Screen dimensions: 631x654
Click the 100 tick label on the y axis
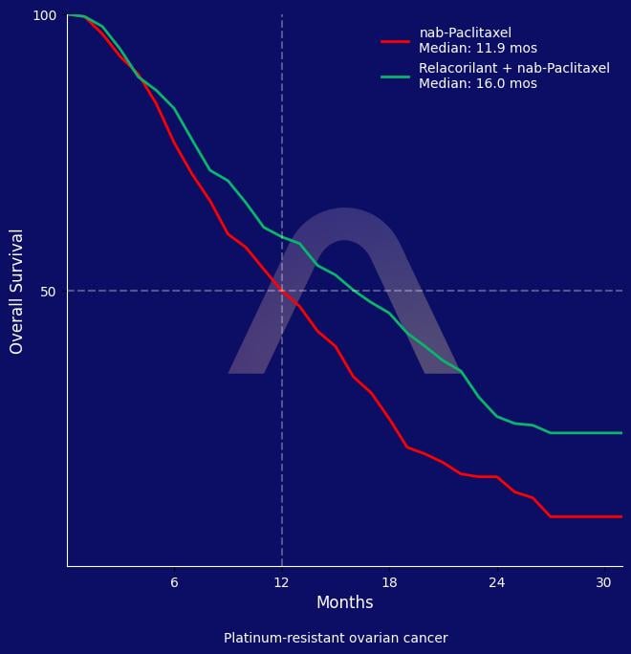point(44,15)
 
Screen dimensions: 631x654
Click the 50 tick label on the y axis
point(49,292)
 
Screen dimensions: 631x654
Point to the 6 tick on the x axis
point(174,582)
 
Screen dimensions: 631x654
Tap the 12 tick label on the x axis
point(281,582)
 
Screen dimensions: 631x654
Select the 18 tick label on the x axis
point(389,582)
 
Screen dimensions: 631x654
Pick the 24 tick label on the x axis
point(497,582)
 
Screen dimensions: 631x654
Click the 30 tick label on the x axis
point(603,582)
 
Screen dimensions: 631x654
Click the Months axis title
point(345,602)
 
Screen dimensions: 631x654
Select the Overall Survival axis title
point(16,292)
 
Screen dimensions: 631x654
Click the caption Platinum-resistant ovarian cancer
point(336,638)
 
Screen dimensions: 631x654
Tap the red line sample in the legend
point(396,41)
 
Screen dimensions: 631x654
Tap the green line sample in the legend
point(396,76)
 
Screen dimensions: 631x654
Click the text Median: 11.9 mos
point(478,49)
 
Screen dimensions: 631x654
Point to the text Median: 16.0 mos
point(478,83)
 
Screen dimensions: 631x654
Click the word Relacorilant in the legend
point(458,68)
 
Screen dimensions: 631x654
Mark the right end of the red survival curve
point(621,516)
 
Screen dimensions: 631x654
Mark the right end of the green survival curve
point(621,433)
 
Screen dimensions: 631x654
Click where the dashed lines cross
point(282,291)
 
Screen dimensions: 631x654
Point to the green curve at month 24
point(497,416)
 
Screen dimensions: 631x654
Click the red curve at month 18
point(389,419)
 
